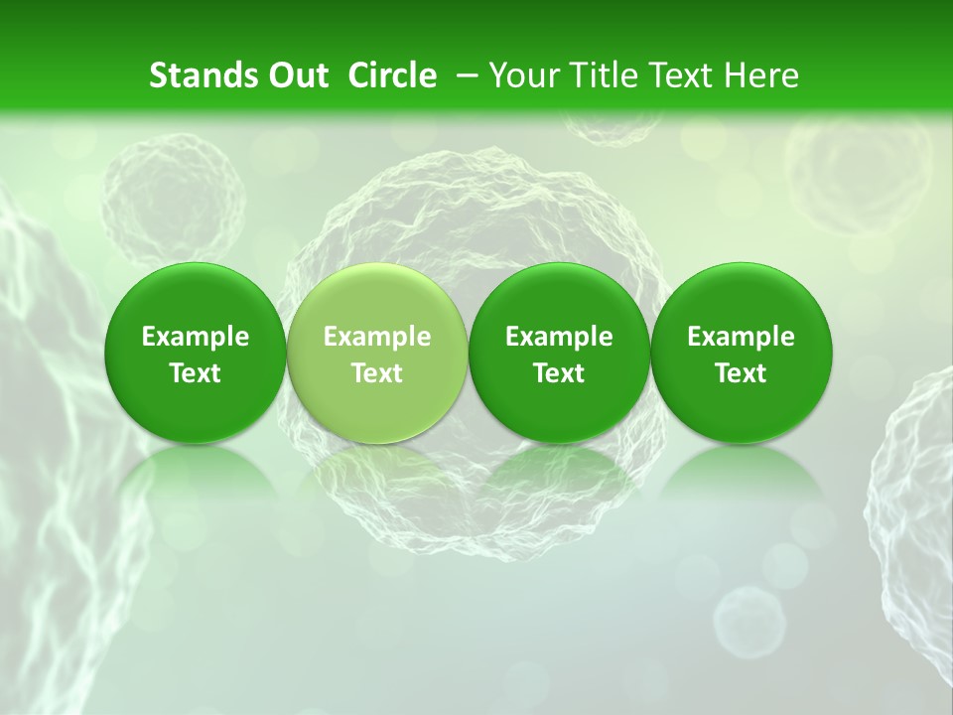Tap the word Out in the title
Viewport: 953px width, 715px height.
tap(295, 75)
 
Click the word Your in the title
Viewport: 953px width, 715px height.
tap(523, 75)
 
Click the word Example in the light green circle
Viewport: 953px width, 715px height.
tap(377, 337)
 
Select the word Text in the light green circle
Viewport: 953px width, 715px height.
tap(377, 373)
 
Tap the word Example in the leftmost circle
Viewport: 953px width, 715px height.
tap(195, 337)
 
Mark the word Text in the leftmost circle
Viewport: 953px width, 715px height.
tap(195, 373)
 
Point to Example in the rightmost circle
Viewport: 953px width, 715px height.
tap(741, 337)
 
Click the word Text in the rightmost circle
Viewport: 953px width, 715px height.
tap(741, 373)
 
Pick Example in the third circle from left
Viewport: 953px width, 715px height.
tap(559, 337)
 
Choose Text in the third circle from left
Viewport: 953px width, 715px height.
tap(559, 373)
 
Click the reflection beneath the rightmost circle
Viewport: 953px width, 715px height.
tap(741, 477)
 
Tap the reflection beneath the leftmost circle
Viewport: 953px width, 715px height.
tap(195, 477)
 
